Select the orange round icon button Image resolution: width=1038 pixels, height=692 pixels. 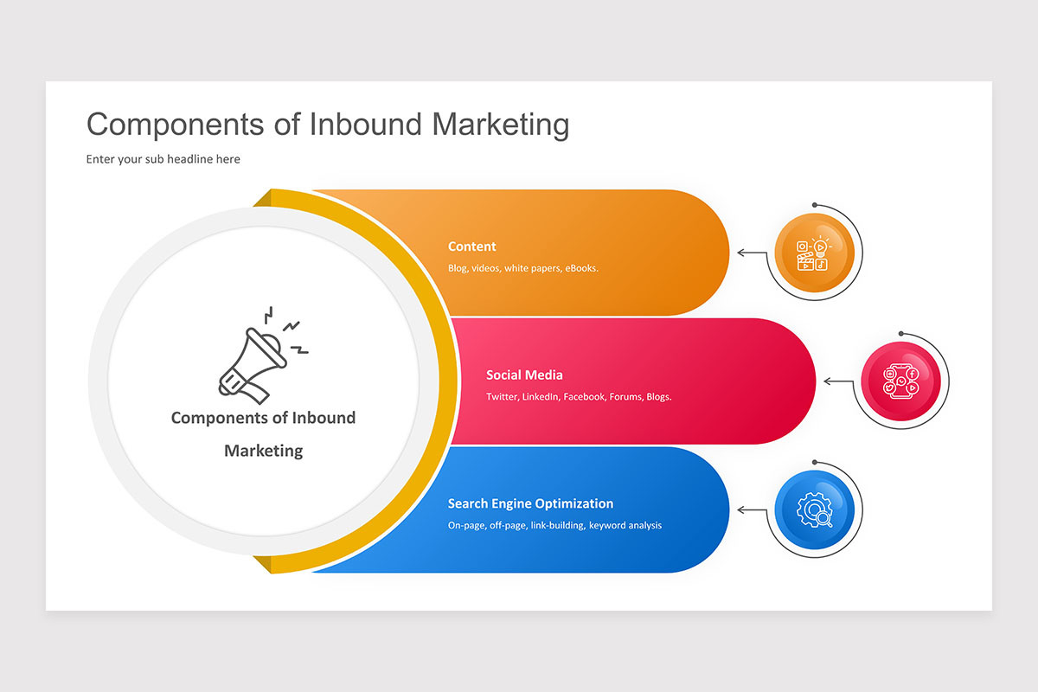pyautogui.click(x=813, y=253)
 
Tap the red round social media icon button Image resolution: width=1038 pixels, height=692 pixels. pyautogui.click(x=900, y=381)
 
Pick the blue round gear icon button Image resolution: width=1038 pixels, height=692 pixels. pyautogui.click(x=814, y=509)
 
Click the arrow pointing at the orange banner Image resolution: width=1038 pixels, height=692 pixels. pyautogui.click(x=752, y=253)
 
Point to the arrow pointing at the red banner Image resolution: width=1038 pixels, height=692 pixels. pyautogui.click(x=838, y=381)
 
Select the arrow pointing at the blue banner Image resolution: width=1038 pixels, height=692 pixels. pyautogui.click(x=752, y=509)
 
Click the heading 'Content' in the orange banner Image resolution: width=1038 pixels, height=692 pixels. pyautogui.click(x=472, y=247)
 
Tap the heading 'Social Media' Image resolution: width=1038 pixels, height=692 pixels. pyautogui.click(x=524, y=375)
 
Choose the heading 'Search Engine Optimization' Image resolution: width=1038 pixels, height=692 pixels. pyautogui.click(x=530, y=503)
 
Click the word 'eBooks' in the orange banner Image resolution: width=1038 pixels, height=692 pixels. pyautogui.click(x=580, y=268)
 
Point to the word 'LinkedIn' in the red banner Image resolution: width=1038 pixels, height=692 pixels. pyautogui.click(x=540, y=397)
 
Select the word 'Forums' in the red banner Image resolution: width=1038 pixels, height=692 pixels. pyautogui.click(x=625, y=397)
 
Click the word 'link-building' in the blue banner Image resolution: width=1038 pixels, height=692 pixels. pyautogui.click(x=556, y=525)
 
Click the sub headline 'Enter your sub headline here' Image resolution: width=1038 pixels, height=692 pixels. pyautogui.click(x=163, y=159)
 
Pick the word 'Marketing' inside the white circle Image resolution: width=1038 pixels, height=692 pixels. pyautogui.click(x=263, y=451)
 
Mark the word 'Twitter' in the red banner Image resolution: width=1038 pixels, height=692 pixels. pyautogui.click(x=502, y=397)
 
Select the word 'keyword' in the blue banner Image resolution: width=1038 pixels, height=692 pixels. pyautogui.click(x=608, y=525)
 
